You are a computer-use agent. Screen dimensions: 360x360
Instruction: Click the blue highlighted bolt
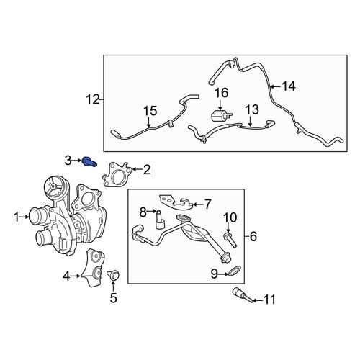pyautogui.click(x=89, y=162)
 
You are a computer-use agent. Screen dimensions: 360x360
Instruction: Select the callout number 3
pyautogui.click(x=68, y=161)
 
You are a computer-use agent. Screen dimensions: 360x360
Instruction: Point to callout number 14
pyautogui.click(x=289, y=86)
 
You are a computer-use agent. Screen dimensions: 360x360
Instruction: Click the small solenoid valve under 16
pyautogui.click(x=222, y=115)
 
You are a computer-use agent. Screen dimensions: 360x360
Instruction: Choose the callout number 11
pyautogui.click(x=269, y=300)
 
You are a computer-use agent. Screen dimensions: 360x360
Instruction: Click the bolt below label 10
pyautogui.click(x=230, y=239)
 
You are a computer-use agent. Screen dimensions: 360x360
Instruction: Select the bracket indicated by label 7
pyautogui.click(x=176, y=202)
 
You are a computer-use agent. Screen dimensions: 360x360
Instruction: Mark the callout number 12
pyautogui.click(x=93, y=99)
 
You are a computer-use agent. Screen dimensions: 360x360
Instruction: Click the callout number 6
pyautogui.click(x=253, y=236)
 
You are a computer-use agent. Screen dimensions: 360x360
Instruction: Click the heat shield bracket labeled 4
pyautogui.click(x=92, y=267)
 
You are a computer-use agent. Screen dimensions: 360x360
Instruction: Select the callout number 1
pyautogui.click(x=16, y=217)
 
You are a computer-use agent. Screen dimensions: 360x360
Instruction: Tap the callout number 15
pyautogui.click(x=150, y=111)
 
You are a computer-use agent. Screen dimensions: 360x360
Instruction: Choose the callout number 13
pyautogui.click(x=252, y=109)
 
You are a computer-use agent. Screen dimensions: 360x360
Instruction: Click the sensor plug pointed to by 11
pyautogui.click(x=242, y=295)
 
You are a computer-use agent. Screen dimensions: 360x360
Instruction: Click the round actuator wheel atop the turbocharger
pyautogui.click(x=53, y=186)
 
